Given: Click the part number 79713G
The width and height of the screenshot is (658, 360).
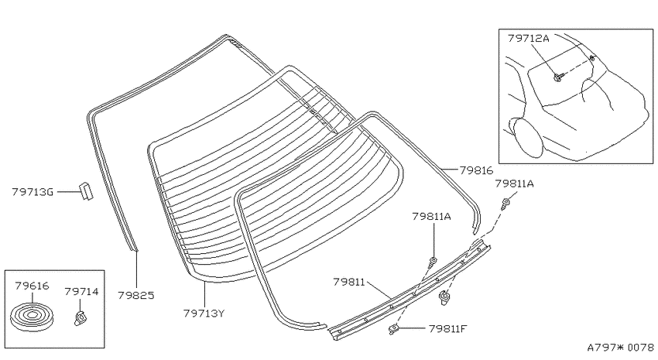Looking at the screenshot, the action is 33,192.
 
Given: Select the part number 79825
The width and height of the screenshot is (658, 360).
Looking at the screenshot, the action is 136,296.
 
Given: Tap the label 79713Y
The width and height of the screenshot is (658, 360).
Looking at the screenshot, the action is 204,313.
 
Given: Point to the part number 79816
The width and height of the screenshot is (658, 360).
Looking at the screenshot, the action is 476,170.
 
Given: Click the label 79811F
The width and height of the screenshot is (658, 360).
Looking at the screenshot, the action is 447,328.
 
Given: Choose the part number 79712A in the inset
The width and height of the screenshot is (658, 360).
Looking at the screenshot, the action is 528,38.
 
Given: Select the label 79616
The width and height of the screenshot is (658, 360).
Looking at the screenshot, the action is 32,286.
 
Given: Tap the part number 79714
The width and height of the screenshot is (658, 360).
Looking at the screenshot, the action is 81,291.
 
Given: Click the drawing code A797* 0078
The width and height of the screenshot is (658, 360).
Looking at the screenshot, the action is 620,348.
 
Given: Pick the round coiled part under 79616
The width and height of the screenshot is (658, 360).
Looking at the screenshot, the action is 32,317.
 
